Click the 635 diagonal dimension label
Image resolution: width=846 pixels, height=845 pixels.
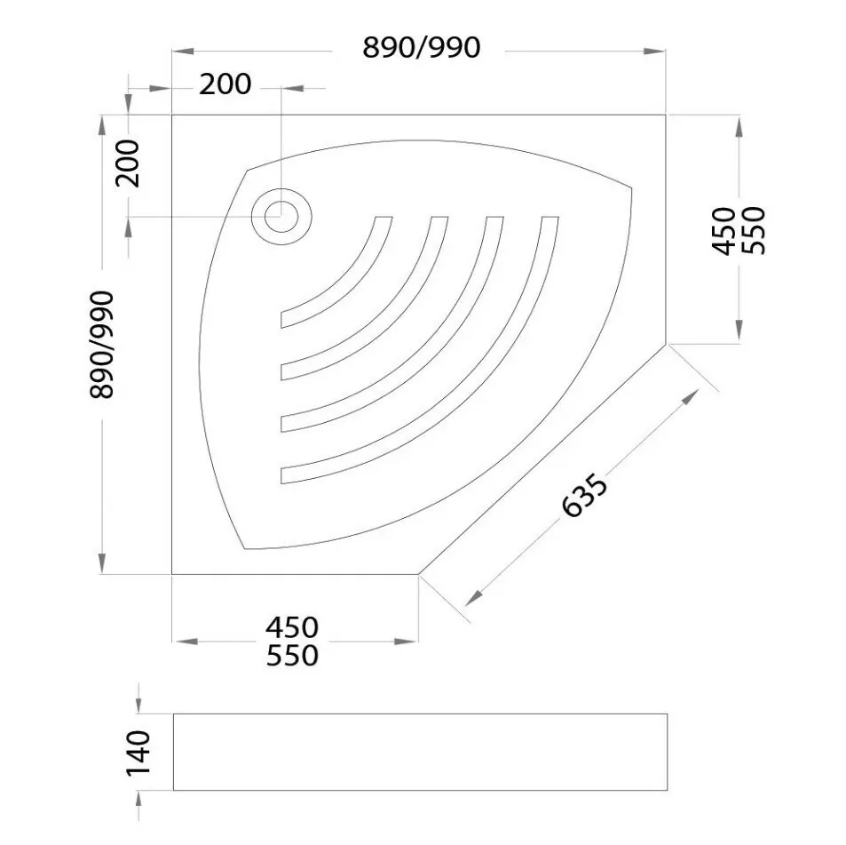585,495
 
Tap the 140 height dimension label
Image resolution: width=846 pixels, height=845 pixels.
138,753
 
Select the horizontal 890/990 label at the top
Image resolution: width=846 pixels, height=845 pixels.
421,47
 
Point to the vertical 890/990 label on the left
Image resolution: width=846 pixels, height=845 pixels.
102,345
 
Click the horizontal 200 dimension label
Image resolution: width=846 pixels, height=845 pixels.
225,84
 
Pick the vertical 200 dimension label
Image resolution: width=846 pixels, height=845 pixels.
128,163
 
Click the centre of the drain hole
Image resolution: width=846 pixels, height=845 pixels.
281,217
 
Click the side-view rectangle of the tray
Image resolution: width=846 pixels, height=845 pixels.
420,752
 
